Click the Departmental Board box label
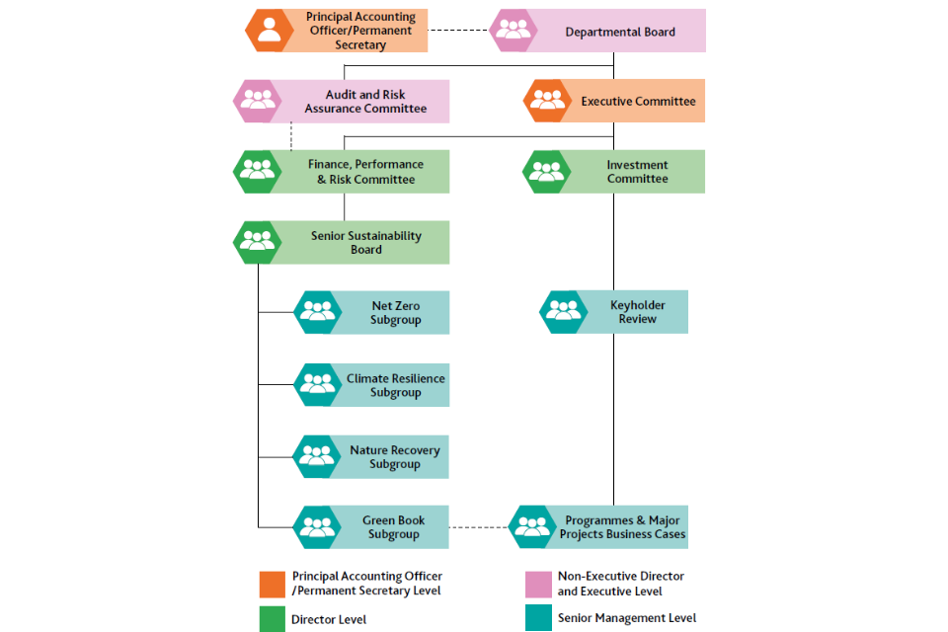pos(619,32)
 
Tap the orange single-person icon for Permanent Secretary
pos(268,31)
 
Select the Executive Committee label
pos(638,102)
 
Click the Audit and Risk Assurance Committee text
pos(365,102)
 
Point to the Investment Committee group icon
pos(546,172)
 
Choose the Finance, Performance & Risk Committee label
pos(365,172)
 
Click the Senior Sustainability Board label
pos(365,243)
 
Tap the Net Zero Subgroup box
pos(395,313)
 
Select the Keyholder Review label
pos(637,312)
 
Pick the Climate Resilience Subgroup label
pos(395,385)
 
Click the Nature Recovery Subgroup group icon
pos(318,456)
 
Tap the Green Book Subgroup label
pos(395,527)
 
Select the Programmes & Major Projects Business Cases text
pos(622,527)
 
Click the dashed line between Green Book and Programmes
pos(479,527)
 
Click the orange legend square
pos(272,584)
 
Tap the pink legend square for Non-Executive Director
pos(538,584)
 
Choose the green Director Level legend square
pos(272,619)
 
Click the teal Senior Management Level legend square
pos(538,618)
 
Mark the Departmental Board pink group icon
pos(513,31)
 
